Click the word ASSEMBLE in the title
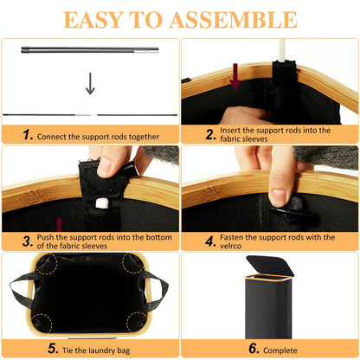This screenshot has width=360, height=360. point(233,20)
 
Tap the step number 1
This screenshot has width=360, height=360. point(28,135)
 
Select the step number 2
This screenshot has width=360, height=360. point(210,134)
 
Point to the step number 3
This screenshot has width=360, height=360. point(28,241)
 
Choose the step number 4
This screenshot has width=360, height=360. point(210,241)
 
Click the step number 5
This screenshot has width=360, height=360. point(53,348)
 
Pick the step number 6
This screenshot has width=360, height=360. point(254,348)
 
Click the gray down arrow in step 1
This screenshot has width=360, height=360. point(90,84)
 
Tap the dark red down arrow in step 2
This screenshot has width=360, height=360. point(235,76)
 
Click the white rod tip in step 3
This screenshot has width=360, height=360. point(100,203)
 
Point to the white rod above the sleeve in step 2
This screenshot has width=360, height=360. point(282,50)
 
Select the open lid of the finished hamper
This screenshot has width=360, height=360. point(270,266)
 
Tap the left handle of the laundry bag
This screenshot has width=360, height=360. point(22,288)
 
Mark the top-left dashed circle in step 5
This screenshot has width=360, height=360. point(46,264)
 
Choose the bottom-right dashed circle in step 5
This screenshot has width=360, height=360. point(136,321)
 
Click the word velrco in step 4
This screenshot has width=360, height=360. point(230,246)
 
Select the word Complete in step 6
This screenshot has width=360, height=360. point(280,350)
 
